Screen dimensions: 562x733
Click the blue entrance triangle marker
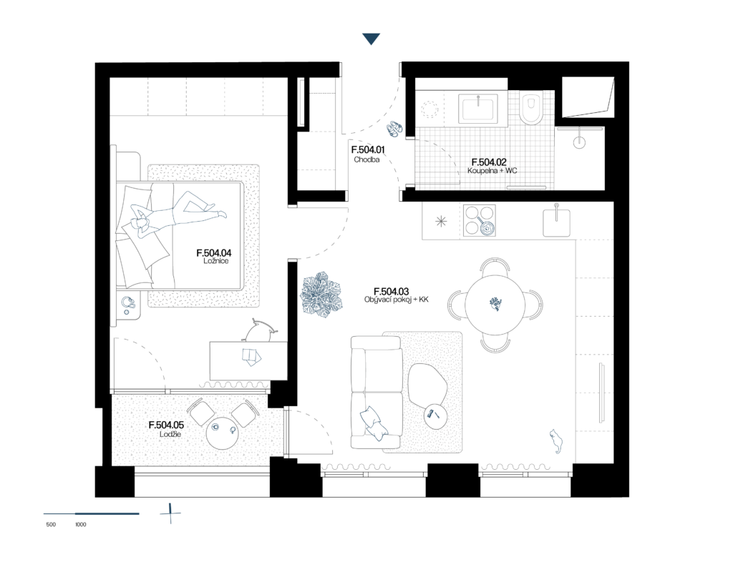click(371, 39)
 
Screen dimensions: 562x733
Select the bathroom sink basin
click(479, 109)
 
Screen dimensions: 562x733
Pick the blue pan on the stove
click(487, 228)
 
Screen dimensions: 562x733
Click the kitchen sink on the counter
click(556, 222)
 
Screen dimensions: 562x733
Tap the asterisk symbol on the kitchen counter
click(441, 221)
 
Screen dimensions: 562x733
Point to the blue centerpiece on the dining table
click(495, 304)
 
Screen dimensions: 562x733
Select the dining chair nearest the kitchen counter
click(495, 266)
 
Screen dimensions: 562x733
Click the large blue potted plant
click(321, 295)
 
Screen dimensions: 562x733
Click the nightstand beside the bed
click(129, 305)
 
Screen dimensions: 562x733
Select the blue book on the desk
click(251, 356)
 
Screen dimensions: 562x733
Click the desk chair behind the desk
click(261, 330)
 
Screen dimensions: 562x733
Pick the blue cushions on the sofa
click(373, 422)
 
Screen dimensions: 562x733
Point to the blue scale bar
click(91, 513)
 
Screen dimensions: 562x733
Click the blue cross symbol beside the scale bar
click(170, 513)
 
